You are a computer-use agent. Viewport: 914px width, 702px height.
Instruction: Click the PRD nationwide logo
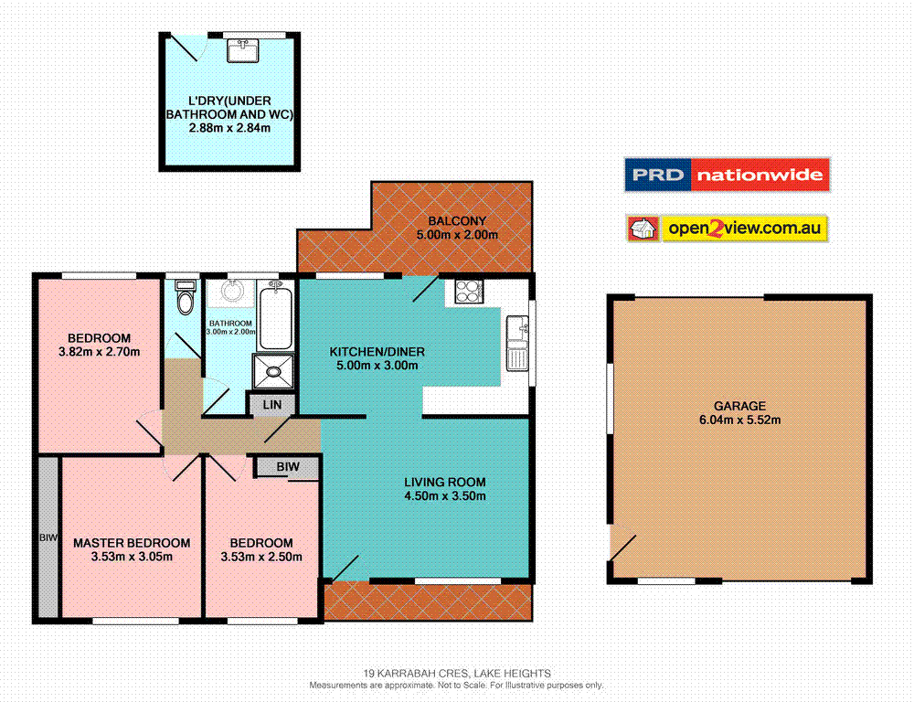click(x=727, y=175)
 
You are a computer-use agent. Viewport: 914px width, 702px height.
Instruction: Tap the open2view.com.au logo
click(x=727, y=229)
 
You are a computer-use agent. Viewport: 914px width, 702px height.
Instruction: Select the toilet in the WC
click(x=185, y=297)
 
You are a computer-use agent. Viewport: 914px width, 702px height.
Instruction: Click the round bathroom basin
click(x=227, y=293)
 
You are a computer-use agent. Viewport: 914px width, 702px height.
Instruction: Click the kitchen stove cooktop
click(x=467, y=292)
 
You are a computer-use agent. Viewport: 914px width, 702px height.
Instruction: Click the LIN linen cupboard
click(x=271, y=404)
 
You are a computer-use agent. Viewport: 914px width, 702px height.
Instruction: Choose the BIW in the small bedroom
click(x=287, y=467)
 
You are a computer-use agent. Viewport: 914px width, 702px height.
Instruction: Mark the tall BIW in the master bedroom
click(x=48, y=537)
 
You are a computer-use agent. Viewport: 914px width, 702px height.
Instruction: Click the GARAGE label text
click(x=739, y=406)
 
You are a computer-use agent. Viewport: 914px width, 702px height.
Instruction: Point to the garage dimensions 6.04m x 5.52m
click(x=739, y=420)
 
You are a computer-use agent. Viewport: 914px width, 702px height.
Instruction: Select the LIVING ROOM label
click(x=445, y=483)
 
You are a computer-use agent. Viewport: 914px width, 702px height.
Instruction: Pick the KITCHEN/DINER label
click(x=377, y=352)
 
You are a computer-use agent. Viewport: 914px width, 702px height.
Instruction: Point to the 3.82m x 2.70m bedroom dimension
click(x=98, y=352)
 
